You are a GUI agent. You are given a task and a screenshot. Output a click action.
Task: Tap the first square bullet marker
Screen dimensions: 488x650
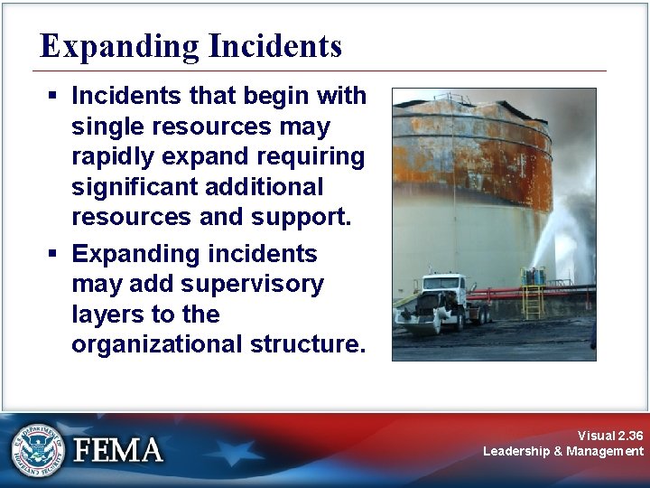coord(55,96)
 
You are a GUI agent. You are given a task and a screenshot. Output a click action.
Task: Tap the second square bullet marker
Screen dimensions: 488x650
coord(55,254)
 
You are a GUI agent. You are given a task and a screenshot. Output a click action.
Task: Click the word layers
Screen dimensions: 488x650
coord(107,314)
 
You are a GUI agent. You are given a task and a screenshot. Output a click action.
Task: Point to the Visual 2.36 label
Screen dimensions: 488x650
coord(610,436)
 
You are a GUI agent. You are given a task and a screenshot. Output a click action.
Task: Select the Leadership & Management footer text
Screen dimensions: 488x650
coord(563,451)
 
